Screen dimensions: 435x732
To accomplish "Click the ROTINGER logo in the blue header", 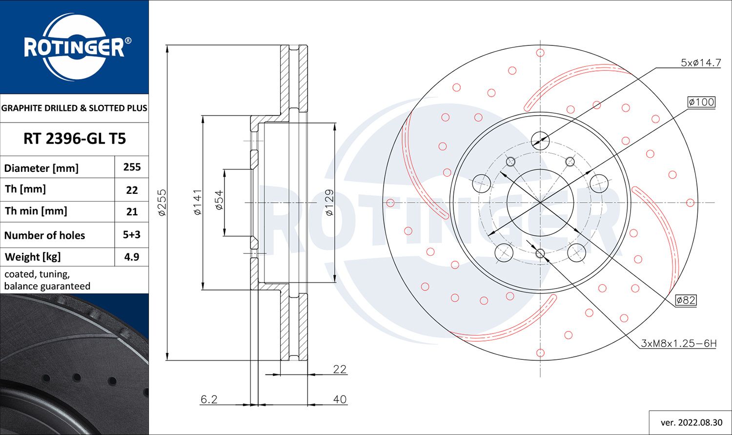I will coord(74,47).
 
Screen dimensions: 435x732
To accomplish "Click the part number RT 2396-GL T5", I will coord(74,139).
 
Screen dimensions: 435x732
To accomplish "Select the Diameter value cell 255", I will coord(132,167).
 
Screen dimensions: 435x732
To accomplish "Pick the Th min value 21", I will coord(132,212).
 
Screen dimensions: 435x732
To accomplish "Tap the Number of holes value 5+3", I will coord(132,235).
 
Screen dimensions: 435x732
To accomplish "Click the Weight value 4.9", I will coord(132,257).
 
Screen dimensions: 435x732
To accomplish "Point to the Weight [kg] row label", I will coord(32,257).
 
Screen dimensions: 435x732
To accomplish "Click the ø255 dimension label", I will coord(163,202).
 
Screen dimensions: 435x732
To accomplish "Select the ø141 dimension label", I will coord(198,202).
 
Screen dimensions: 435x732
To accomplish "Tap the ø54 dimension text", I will coord(219,200).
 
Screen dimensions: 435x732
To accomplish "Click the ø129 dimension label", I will coord(329,202).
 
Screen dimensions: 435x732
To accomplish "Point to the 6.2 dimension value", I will coord(209,399).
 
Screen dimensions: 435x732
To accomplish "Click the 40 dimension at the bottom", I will coord(340,399).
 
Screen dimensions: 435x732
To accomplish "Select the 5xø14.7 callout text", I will coord(700,63).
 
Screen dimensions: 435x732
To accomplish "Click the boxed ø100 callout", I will coord(701,102).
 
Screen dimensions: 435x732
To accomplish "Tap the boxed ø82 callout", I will coord(686,300).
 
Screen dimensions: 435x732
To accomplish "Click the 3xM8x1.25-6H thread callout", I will coord(678,344).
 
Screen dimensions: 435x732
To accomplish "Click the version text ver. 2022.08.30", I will coord(691,422).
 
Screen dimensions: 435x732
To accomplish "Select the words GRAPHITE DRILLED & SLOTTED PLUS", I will coord(74,108).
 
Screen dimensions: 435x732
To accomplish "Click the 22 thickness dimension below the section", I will coord(340,369).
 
